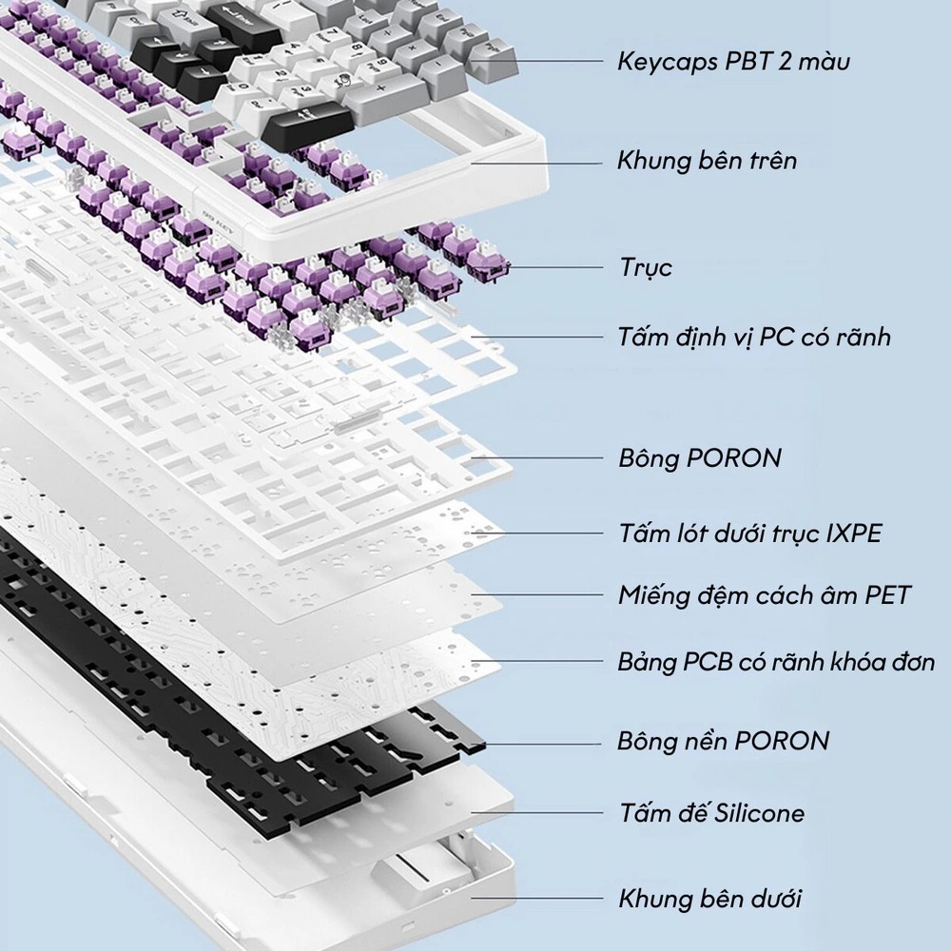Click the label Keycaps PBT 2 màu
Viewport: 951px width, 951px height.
(x=733, y=62)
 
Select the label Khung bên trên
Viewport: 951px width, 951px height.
(x=707, y=160)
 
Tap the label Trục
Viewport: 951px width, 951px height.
(x=646, y=267)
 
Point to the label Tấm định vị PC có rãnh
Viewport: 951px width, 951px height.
(x=754, y=337)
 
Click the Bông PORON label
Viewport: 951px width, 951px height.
(x=699, y=457)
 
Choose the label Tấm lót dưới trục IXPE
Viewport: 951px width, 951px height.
(x=749, y=533)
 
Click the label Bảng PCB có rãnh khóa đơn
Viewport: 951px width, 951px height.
(x=776, y=662)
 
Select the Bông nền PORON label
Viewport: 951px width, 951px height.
(x=723, y=740)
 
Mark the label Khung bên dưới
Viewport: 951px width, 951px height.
(x=709, y=898)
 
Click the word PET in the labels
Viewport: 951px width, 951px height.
(x=887, y=596)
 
